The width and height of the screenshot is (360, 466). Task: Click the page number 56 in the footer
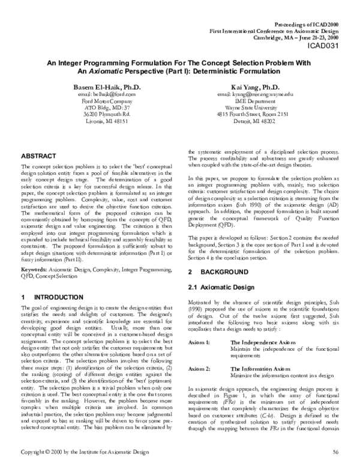pyautogui.click(x=335, y=451)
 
